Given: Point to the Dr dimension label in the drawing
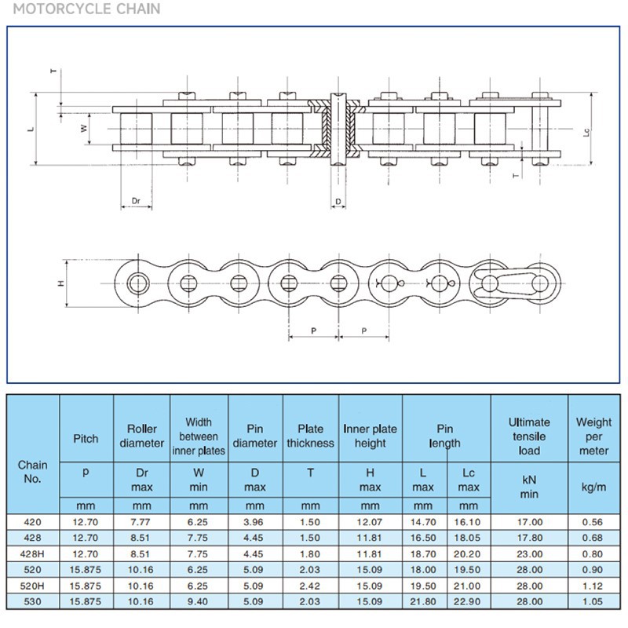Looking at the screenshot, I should coord(135,201).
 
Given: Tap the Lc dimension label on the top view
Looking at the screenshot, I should coord(586,133).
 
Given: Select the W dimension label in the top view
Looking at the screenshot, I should coord(84,128).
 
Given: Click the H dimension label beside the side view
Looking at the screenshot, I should coord(61,283).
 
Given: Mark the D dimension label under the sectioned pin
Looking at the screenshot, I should coord(338,202).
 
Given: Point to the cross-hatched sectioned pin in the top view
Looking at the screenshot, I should coord(338,130).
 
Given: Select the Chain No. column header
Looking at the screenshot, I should coord(33,471).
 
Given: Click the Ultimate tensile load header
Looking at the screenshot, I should coord(529,436).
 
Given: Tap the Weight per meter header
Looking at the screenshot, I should coord(593,436).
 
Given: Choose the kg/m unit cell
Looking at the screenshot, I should coord(593,487).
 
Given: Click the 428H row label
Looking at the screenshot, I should coord(33,553).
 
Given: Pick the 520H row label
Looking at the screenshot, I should coord(33,585).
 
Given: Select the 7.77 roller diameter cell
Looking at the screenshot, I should coord(142,521).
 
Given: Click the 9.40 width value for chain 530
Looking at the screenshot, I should coord(199,601).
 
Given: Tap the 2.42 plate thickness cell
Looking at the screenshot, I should coord(311,585).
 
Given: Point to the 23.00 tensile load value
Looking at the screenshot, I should coord(529,553).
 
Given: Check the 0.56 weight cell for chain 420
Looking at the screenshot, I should coord(593,521).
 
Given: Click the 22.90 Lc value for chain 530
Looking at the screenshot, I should coord(469,601).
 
